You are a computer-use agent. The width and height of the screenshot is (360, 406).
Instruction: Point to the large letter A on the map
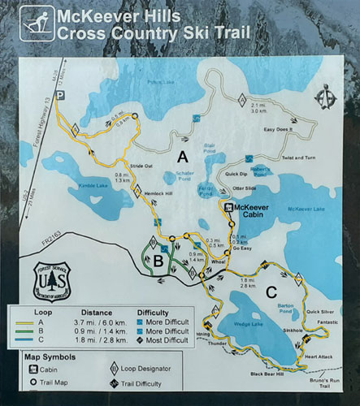coord(183,155)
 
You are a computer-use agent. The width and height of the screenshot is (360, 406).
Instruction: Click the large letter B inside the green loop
coord(158,259)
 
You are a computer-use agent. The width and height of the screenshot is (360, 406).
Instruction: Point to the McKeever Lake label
coord(306,209)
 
